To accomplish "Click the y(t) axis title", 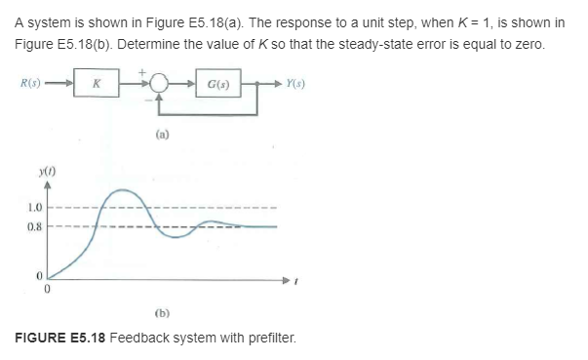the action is [44, 170].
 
